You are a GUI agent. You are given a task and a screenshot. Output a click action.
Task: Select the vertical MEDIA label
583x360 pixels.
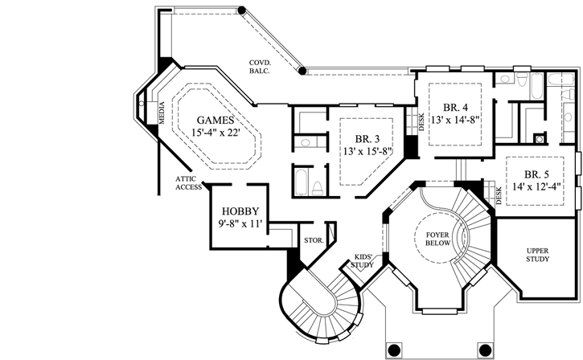click(161, 114)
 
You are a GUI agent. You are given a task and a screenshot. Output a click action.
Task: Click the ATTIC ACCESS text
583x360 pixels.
click(189, 183)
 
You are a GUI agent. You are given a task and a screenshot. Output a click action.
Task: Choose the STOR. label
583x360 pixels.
click(313, 239)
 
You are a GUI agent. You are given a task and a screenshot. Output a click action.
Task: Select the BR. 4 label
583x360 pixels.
click(456, 107)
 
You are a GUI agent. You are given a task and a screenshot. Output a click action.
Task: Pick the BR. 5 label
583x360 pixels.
click(537, 174)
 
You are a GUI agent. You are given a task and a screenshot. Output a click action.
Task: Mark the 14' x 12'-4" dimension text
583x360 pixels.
click(537, 189)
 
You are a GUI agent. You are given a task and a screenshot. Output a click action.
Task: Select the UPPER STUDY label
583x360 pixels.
click(538, 256)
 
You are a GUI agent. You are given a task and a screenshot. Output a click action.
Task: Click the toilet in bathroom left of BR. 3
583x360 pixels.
click(317, 188)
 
